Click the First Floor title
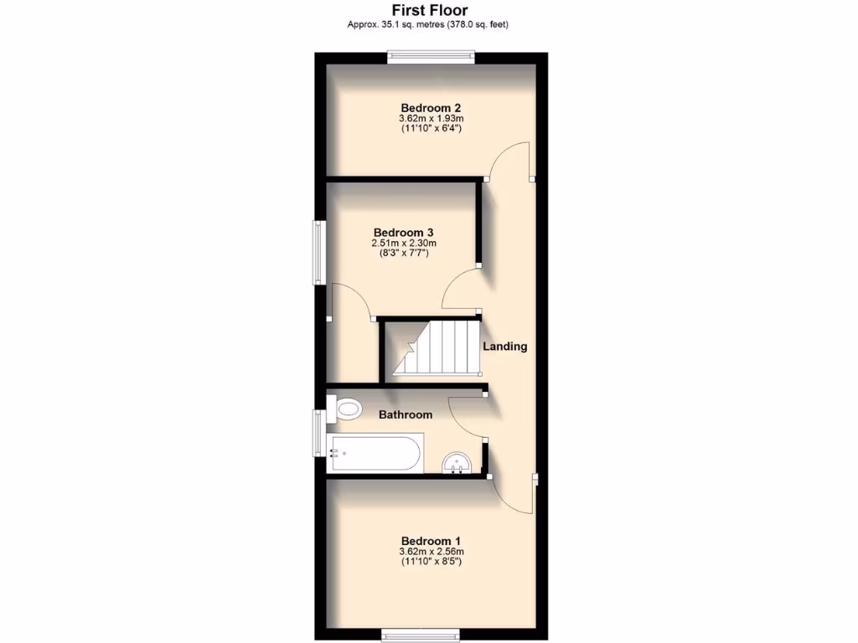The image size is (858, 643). pos(430,11)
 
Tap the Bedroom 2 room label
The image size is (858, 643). pos(431,107)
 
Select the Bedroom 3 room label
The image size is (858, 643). pos(404,232)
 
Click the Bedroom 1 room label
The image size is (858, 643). pos(431,540)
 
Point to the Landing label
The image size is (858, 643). pos(504,346)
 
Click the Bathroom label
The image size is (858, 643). pos(406,414)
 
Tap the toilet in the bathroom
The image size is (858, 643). pos(347,409)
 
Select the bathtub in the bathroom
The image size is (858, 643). pos(375,453)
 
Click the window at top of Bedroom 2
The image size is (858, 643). pos(431,57)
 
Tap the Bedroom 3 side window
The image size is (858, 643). pos(319,251)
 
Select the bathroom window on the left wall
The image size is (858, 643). pos(319,433)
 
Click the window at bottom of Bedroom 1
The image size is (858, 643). pos(421,634)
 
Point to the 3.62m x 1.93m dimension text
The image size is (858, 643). pos(431,119)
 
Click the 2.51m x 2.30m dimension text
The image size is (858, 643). pos(404,244)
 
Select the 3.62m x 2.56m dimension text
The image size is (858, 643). pos(431,552)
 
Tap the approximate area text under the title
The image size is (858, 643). pos(428,24)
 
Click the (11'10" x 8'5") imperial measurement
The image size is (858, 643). pos(431,562)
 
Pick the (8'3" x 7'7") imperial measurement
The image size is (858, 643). pos(404,253)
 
